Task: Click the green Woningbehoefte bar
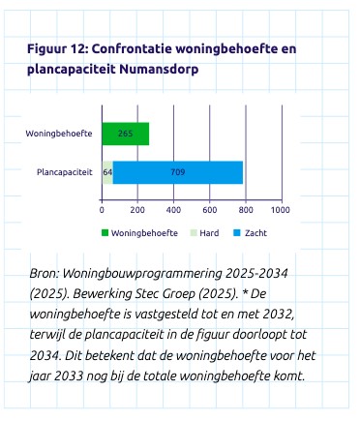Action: point(126,134)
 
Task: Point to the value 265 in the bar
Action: point(126,134)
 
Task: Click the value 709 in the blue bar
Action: point(177,172)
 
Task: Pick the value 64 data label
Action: point(107,172)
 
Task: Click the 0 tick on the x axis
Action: point(103,210)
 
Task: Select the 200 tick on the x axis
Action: point(137,210)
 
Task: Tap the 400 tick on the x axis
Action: point(173,210)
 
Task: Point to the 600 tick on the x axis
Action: point(209,210)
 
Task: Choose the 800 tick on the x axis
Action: point(245,210)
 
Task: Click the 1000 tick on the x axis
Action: point(280,210)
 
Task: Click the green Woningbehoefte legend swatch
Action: point(105,233)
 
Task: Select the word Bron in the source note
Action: point(44,275)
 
